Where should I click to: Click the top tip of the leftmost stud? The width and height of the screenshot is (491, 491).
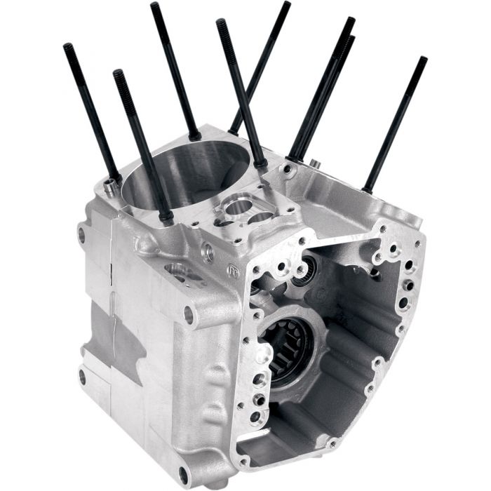pyautogui.click(x=68, y=47)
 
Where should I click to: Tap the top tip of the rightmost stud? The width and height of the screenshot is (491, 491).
pyautogui.click(x=423, y=60)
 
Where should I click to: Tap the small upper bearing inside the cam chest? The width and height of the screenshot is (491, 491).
pyautogui.click(x=304, y=272)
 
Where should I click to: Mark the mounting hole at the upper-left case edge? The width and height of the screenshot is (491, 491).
pyautogui.click(x=82, y=235)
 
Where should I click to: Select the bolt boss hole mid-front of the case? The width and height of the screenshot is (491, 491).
pyautogui.click(x=188, y=315)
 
